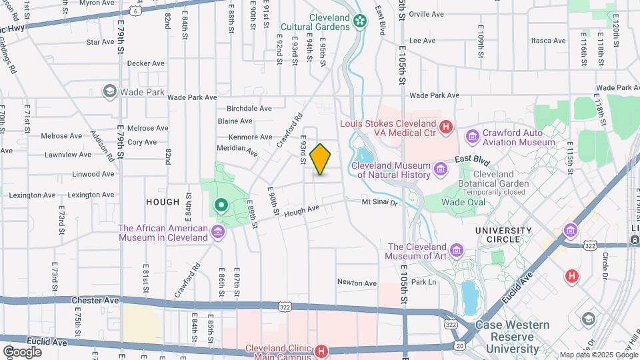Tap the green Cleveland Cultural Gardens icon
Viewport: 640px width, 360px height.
[360, 21]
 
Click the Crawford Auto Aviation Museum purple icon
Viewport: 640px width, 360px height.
[473, 137]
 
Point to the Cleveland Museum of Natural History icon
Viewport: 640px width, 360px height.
[440, 169]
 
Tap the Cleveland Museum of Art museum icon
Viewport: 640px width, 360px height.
[456, 251]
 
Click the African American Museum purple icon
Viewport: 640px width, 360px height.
[217, 232]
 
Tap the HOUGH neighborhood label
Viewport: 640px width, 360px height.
[161, 202]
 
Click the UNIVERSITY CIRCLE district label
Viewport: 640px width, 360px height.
[503, 231]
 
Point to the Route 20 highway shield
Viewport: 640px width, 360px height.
[459, 345]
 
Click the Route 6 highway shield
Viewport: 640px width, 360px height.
[137, 11]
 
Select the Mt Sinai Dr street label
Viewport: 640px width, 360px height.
[379, 201]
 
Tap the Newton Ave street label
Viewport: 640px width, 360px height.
[356, 283]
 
